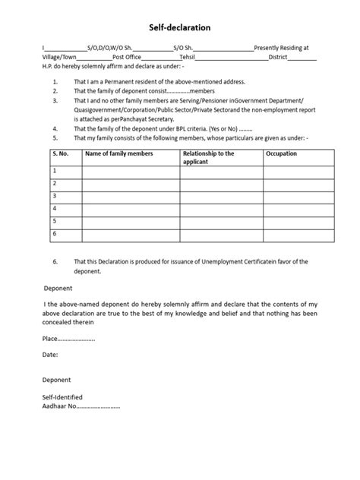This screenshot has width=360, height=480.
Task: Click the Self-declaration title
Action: coord(180,28)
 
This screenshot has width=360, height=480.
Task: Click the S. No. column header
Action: coord(60,154)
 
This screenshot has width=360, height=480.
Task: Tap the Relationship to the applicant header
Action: coord(209,157)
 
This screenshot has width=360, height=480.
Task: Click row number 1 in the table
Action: coord(55,171)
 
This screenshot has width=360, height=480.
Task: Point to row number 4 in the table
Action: coord(55,207)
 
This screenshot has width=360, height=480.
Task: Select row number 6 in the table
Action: coord(55,233)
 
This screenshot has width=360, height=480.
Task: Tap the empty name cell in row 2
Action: coord(131,183)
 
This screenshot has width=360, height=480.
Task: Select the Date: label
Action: coord(50,354)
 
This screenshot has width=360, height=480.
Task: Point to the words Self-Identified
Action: coord(62,397)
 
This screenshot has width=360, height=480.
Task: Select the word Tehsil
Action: coord(186,56)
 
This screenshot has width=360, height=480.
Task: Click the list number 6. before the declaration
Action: coord(55,261)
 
